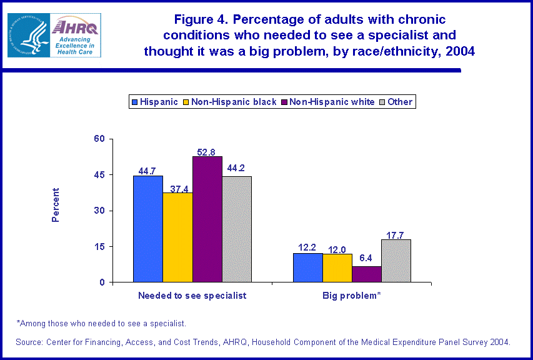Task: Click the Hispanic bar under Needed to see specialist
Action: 147,229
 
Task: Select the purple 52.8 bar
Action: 207,219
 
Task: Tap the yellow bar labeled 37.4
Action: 177,237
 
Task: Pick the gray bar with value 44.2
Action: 237,229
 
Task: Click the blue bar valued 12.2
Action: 307,267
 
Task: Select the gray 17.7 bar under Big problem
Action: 396,261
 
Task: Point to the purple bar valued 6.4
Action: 367,274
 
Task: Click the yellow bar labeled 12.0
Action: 337,268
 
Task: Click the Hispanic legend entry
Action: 154,101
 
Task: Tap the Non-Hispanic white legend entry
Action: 327,101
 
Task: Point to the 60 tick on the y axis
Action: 97,139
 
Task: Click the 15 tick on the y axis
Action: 98,247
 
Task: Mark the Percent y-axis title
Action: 56,205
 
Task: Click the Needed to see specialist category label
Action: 192,295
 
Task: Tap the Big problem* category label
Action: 352,295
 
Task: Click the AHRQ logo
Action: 74,35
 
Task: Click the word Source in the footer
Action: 31,342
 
